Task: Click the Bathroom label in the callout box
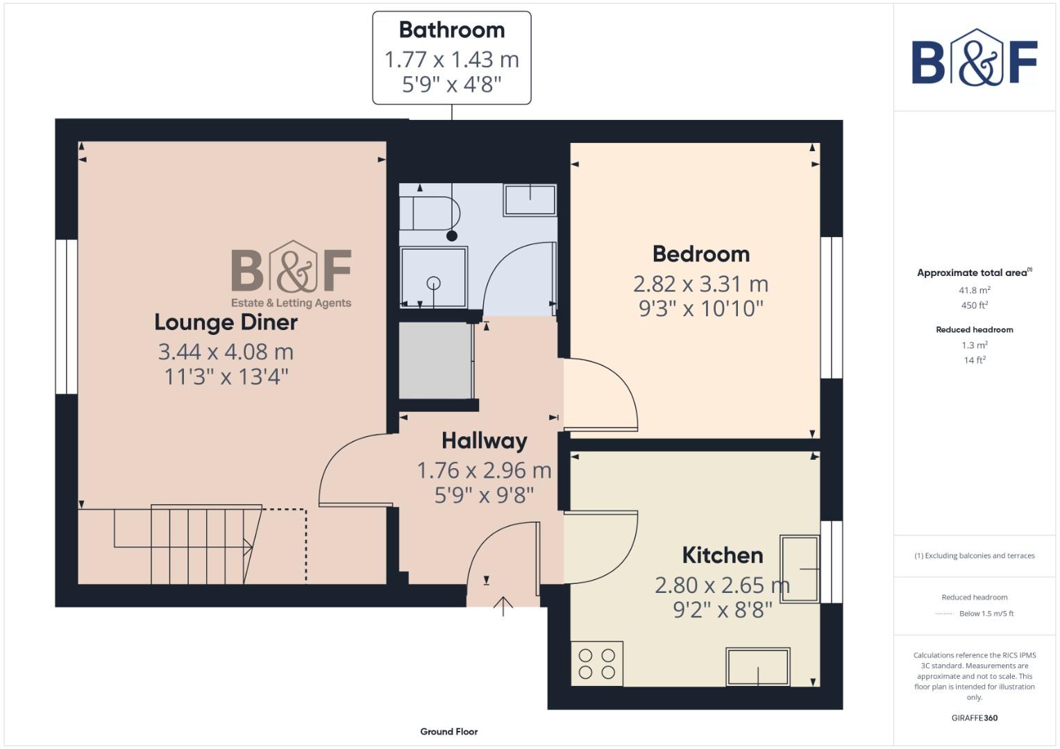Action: click(x=451, y=31)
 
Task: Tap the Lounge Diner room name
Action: click(x=226, y=322)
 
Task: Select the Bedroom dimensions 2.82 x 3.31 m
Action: click(x=700, y=284)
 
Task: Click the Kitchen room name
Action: click(x=722, y=556)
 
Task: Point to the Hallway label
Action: click(x=484, y=441)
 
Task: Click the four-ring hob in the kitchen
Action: click(x=597, y=664)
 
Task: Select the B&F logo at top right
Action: click(x=974, y=58)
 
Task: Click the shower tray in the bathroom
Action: click(x=434, y=277)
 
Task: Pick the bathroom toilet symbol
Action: click(x=430, y=213)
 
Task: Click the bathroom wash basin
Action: click(x=530, y=200)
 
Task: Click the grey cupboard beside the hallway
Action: click(x=436, y=361)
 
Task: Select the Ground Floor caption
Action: click(x=448, y=732)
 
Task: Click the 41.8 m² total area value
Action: click(x=974, y=291)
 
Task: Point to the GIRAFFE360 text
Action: click(x=974, y=718)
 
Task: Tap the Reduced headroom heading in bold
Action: click(x=974, y=330)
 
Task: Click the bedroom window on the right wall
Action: click(x=831, y=308)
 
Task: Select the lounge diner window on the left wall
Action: click(x=67, y=317)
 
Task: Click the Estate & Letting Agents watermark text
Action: click(x=291, y=303)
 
